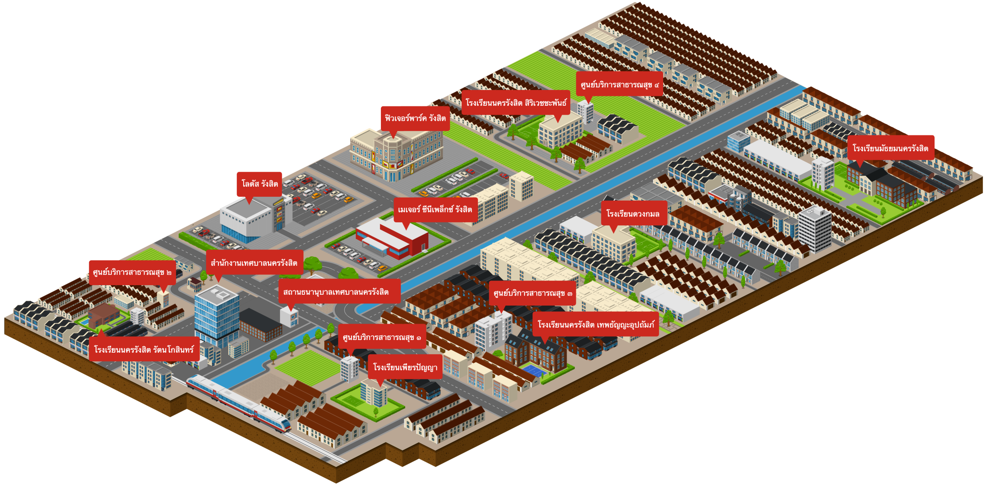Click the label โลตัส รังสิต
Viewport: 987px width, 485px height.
click(x=259, y=184)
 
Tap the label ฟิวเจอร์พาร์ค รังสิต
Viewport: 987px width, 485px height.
click(x=415, y=118)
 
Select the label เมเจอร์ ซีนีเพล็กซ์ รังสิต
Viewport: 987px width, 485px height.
click(x=435, y=210)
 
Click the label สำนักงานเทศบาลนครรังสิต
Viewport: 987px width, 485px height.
click(x=254, y=263)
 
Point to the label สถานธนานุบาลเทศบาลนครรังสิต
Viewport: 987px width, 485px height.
click(x=336, y=292)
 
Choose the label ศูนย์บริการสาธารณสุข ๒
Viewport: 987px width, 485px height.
click(x=132, y=272)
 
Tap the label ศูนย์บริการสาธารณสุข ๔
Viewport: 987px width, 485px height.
click(x=619, y=84)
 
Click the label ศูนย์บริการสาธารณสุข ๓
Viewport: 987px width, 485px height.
click(x=532, y=293)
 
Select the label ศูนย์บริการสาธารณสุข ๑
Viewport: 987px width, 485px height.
click(x=382, y=338)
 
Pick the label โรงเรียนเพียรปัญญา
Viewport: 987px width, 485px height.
click(x=405, y=367)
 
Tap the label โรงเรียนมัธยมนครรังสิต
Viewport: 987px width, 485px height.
click(x=890, y=149)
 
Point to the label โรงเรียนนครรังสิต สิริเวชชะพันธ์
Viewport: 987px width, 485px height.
click(x=515, y=103)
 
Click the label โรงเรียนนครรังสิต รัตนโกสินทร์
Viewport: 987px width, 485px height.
click(x=144, y=350)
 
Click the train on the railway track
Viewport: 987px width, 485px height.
click(x=239, y=401)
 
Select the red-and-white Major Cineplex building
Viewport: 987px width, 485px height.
click(x=393, y=237)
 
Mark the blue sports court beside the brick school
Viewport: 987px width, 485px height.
click(x=534, y=370)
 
